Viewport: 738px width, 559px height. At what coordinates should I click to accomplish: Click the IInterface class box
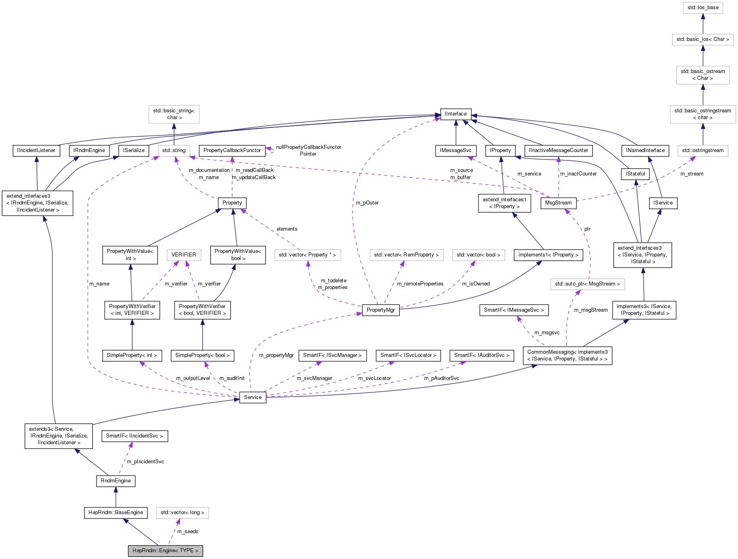(x=455, y=114)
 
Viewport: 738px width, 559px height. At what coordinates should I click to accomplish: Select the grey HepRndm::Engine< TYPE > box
(x=165, y=551)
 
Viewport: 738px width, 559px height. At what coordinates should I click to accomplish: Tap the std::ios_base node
(x=703, y=8)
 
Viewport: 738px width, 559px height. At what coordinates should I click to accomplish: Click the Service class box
(x=253, y=397)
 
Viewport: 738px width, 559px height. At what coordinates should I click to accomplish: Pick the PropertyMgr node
(x=381, y=310)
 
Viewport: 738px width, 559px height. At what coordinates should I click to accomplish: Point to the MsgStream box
(x=558, y=203)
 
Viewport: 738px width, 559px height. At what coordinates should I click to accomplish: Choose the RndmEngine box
(x=115, y=481)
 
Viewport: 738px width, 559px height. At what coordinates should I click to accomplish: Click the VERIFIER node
(x=184, y=255)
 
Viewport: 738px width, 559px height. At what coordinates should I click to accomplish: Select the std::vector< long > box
(x=182, y=513)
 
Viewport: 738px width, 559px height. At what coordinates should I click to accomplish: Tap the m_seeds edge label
(x=188, y=532)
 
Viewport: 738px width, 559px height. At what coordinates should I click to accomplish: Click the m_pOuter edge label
(x=367, y=203)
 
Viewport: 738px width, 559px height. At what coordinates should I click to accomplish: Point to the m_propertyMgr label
(x=276, y=355)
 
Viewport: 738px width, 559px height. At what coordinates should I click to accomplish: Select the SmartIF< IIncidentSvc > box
(x=134, y=436)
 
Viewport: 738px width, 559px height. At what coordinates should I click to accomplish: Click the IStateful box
(x=635, y=174)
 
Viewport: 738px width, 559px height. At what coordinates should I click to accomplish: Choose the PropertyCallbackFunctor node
(x=232, y=150)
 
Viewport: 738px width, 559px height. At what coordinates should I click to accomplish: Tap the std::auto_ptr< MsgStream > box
(x=587, y=284)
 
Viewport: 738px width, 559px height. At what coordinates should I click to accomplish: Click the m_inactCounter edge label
(x=578, y=174)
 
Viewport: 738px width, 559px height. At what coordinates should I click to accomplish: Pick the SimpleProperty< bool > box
(x=202, y=355)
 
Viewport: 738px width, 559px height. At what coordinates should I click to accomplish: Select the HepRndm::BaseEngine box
(x=115, y=513)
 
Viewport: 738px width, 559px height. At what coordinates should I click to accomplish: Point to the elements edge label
(x=287, y=229)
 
